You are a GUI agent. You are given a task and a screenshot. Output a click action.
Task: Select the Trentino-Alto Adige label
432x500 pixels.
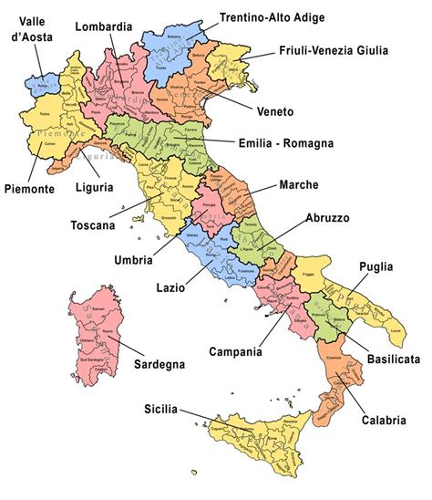pyautogui.click(x=273, y=16)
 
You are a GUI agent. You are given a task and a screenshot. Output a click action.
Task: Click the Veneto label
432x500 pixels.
pyautogui.click(x=273, y=111)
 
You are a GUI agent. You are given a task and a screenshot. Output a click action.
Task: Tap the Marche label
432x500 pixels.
pyautogui.click(x=298, y=184)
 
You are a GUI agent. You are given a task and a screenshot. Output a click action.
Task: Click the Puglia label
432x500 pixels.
pyautogui.click(x=375, y=266)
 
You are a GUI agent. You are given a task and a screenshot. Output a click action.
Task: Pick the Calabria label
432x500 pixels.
pyautogui.click(x=382, y=421)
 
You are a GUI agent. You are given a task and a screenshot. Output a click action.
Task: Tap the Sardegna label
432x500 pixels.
pyautogui.click(x=159, y=364)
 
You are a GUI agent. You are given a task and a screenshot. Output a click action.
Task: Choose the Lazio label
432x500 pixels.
pyautogui.click(x=170, y=287)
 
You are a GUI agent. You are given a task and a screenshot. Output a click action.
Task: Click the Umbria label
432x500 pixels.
pyautogui.click(x=133, y=259)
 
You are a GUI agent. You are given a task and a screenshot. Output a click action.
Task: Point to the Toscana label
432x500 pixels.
pyautogui.click(x=98, y=224)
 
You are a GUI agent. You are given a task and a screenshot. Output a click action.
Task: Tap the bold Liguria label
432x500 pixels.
pyautogui.click(x=96, y=187)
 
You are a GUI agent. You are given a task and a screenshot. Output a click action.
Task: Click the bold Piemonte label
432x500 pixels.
pyautogui.click(x=27, y=189)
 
